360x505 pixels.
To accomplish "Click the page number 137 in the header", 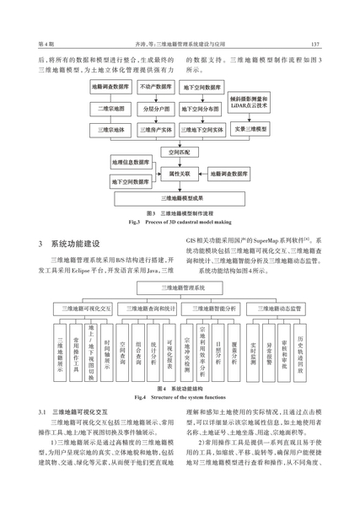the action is pos(315,44).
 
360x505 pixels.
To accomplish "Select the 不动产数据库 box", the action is pos(156,87).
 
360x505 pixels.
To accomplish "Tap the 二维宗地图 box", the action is pos(110,109).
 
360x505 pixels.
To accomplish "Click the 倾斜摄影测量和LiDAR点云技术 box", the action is pos(249,102).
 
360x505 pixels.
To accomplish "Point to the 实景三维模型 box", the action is pos(250,129).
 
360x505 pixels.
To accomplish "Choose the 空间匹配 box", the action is pos(180,153).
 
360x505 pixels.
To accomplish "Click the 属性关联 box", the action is pos(180,174).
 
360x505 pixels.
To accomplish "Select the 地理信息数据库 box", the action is pos(131,163).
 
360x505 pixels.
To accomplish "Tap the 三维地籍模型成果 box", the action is pos(180,199).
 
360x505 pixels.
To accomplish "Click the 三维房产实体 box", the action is pos(156,130).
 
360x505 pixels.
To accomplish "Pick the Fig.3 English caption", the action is pos(180,222).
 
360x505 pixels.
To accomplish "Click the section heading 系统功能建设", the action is pos(75,244).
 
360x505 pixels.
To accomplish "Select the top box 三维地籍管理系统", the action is pos(180,288).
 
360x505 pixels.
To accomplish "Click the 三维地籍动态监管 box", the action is pos(276,309).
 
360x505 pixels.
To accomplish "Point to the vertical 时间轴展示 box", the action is pos(107,352).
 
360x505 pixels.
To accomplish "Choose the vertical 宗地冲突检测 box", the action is pos(187,352).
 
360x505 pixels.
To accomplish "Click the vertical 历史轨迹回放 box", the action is pos(300,352).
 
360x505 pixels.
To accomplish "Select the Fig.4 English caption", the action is pos(180,397).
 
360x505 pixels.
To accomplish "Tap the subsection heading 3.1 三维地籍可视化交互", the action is pos(73,412).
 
